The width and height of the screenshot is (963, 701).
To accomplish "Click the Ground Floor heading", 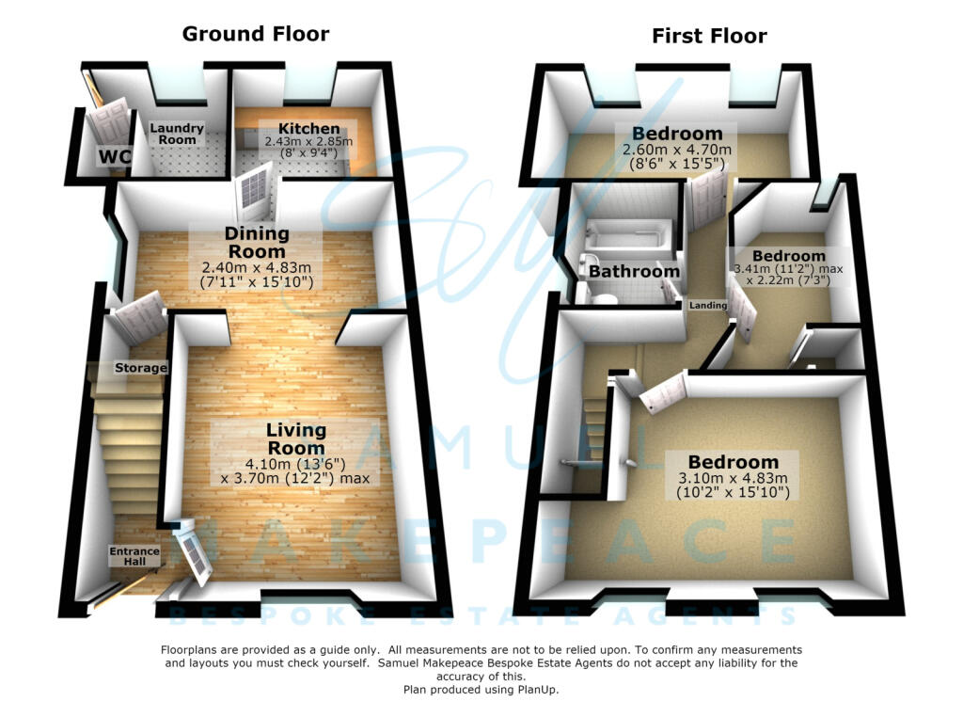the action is tap(256, 34).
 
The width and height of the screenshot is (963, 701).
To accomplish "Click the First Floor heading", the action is tap(709, 37).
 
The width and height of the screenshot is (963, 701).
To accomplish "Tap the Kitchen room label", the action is tap(308, 128).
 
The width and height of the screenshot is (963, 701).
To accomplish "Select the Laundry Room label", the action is tap(177, 134).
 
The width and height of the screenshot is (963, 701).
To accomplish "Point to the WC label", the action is tap(115, 156).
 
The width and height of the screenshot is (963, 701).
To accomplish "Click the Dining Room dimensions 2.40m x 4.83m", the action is tap(257, 268).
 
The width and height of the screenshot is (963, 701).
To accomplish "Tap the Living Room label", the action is tap(296, 438).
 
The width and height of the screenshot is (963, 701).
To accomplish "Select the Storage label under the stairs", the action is tap(141, 368).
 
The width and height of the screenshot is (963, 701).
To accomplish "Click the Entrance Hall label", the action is tap(134, 556).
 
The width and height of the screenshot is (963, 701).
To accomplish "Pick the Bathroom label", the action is tap(635, 271).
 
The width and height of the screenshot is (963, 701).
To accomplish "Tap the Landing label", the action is tap(708, 305).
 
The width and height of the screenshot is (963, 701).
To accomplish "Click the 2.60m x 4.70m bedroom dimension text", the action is tap(677, 150).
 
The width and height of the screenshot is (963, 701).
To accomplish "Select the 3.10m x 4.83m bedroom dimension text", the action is tap(733, 478).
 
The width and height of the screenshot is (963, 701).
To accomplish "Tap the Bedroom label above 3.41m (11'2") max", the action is tap(789, 256).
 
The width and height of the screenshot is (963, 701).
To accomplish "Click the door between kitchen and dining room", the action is tap(257, 192).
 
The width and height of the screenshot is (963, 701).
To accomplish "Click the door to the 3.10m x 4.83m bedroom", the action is tap(663, 391).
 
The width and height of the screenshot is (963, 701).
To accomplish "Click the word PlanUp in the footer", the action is tap(537, 690).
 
